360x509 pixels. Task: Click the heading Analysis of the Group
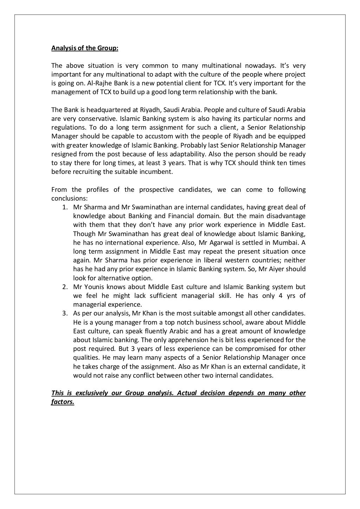click(85, 48)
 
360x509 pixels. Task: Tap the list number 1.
click(65, 207)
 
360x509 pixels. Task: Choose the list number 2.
click(65, 287)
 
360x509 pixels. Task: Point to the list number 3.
click(65, 313)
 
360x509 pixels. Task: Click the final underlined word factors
click(63, 402)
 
